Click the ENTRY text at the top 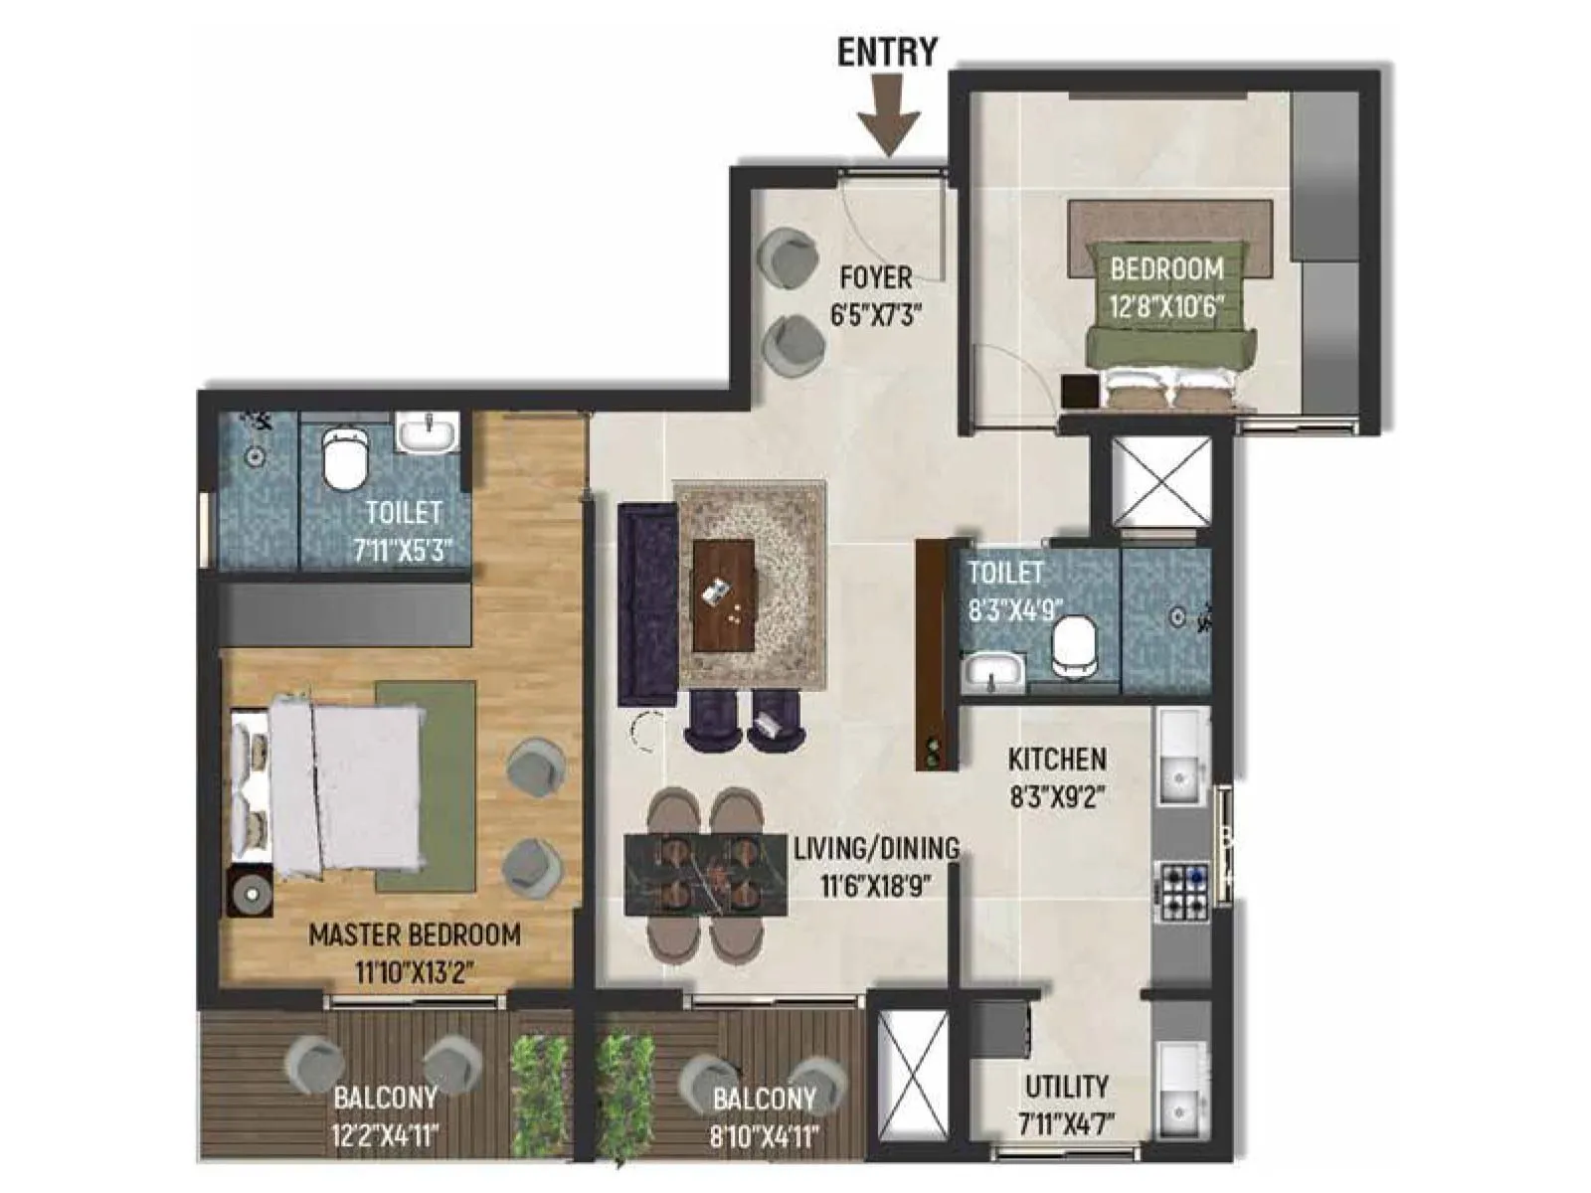pyautogui.click(x=886, y=52)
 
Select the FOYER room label pyautogui.click(x=876, y=275)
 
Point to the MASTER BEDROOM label pyautogui.click(x=414, y=935)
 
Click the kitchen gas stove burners pyautogui.click(x=1182, y=891)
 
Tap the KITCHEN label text pyautogui.click(x=1056, y=760)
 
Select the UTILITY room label pyautogui.click(x=1066, y=1086)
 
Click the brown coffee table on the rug pyautogui.click(x=724, y=595)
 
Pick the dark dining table pyautogui.click(x=706, y=875)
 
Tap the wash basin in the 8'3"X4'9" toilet pyautogui.click(x=992, y=671)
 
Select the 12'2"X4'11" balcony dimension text pyautogui.click(x=386, y=1134)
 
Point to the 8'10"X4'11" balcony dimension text pyautogui.click(x=765, y=1134)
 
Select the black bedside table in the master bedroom pyautogui.click(x=250, y=892)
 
